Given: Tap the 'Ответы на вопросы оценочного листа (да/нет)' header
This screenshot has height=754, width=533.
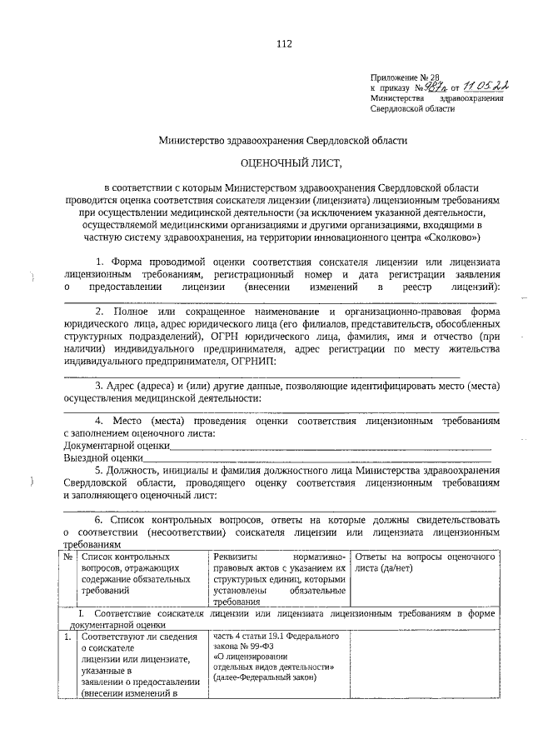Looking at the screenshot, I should pyautogui.click(x=425, y=561).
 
